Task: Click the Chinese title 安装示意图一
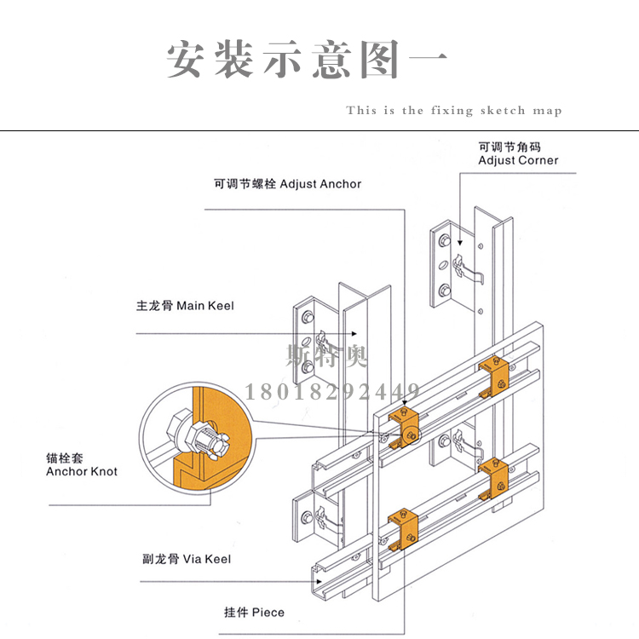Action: (x=308, y=60)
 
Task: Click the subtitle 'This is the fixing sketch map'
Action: (x=453, y=111)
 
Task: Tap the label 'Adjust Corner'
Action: (x=518, y=160)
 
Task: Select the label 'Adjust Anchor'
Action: (x=320, y=184)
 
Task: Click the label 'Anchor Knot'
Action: (x=82, y=471)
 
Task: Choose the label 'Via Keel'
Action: (x=207, y=560)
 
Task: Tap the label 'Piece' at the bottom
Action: (x=268, y=613)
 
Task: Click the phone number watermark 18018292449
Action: (x=332, y=392)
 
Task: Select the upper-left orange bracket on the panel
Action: (x=404, y=425)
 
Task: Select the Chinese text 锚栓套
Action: (x=64, y=458)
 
